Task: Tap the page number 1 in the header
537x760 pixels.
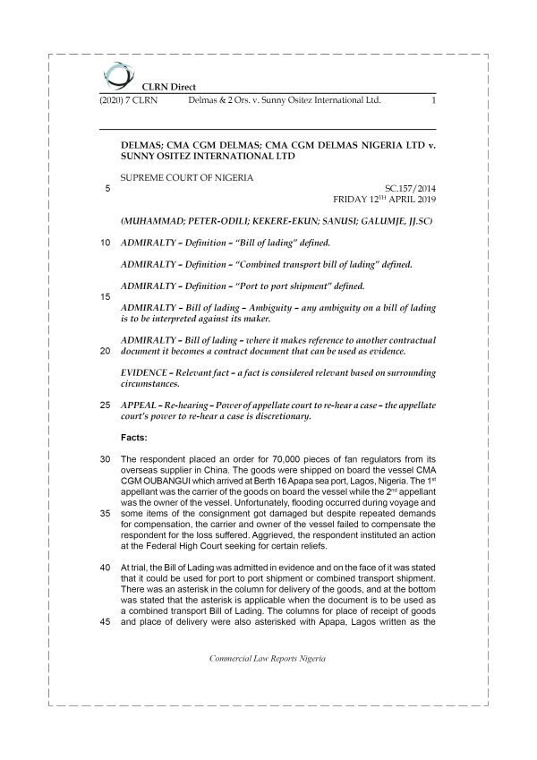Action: tap(432, 101)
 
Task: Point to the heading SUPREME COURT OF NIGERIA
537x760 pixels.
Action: tap(186, 176)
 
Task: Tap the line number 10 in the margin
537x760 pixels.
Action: tap(106, 243)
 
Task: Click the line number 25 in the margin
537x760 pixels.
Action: tap(106, 405)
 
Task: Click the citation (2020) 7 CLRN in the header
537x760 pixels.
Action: tap(128, 101)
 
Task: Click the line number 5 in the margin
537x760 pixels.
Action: tap(107, 187)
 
